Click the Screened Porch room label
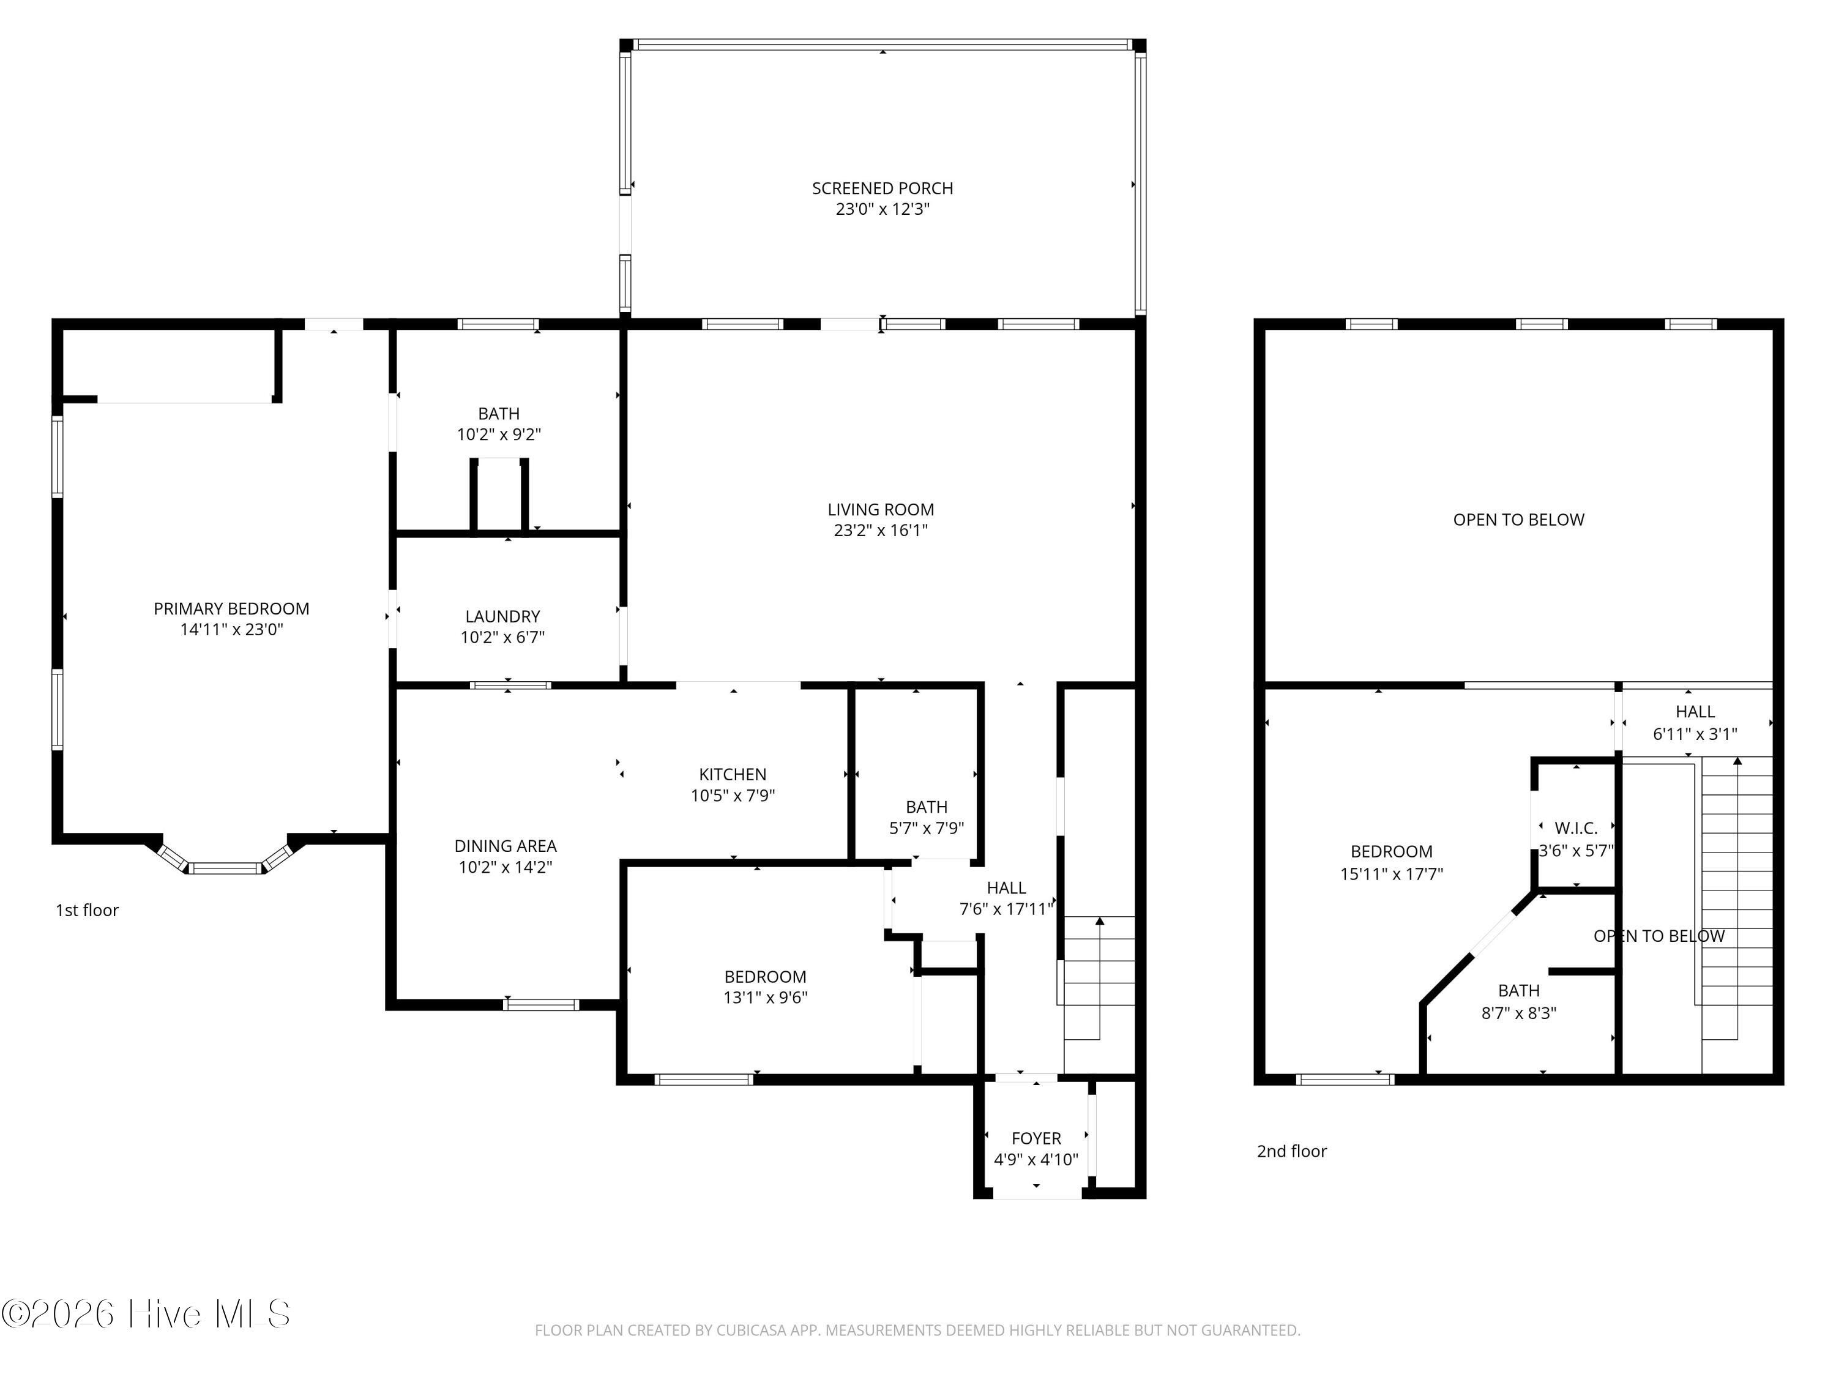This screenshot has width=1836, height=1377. click(x=883, y=188)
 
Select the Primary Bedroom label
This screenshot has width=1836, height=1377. click(x=231, y=608)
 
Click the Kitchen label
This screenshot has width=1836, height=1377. click(x=733, y=774)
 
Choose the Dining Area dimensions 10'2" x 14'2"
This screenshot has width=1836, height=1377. click(x=506, y=867)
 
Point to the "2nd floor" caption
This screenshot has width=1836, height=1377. click(x=1291, y=1151)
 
